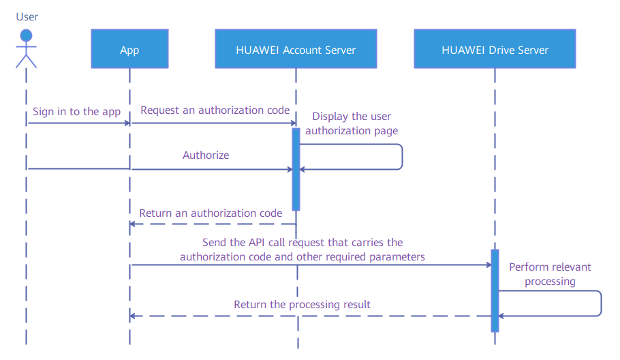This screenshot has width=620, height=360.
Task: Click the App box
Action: (129, 48)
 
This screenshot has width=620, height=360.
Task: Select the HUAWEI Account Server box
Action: (296, 48)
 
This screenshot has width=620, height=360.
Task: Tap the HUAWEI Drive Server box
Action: (495, 48)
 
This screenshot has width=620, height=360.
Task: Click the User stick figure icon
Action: (26, 48)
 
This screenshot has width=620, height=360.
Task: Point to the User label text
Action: (27, 16)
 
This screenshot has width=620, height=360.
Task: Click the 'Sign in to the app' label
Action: (77, 112)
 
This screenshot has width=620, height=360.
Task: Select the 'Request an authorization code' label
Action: (215, 110)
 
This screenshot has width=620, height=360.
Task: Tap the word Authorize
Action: (206, 155)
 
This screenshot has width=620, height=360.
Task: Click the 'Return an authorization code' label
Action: (211, 213)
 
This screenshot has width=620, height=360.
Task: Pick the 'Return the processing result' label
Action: (302, 305)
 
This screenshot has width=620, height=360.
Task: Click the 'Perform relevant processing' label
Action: (550, 274)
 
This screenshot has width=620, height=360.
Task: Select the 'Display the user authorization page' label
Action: (352, 123)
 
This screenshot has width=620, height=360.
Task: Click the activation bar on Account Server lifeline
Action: (296, 169)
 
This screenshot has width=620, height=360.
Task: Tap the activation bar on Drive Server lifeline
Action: (495, 290)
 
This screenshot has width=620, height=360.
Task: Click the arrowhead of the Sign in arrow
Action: (127, 123)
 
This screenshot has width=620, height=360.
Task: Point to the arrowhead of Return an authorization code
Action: (133, 224)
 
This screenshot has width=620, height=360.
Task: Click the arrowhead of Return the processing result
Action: (133, 316)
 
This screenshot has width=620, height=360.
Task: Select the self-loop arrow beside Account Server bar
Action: (402, 157)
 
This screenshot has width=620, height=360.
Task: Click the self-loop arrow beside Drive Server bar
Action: (601, 303)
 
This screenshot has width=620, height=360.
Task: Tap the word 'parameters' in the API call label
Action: (397, 257)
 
